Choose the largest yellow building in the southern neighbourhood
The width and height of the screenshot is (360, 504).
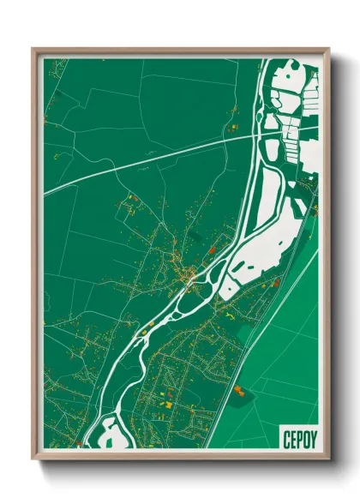[x=169, y=405]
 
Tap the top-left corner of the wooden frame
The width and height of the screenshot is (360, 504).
[x=33, y=50]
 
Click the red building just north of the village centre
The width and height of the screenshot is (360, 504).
[x=212, y=249]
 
